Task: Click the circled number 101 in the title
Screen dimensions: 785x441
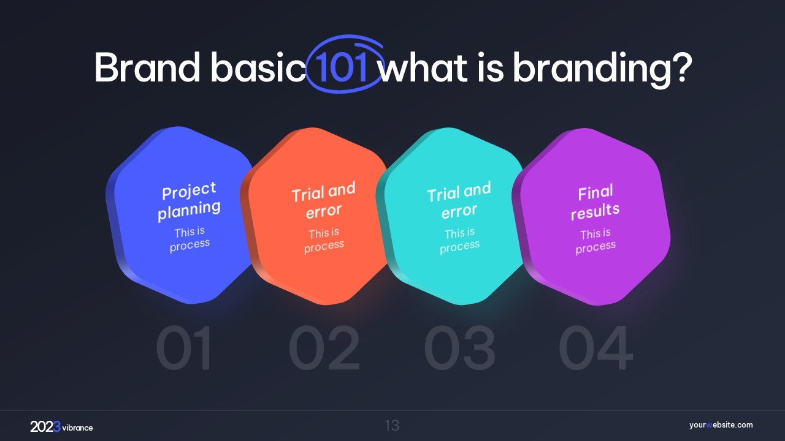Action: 341,67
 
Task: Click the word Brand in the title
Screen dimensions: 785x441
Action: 147,67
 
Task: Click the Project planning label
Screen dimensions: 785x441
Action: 189,202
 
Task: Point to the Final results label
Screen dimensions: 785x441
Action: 595,202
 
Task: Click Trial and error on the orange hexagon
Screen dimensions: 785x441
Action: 323,200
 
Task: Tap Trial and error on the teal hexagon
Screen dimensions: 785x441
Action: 459,200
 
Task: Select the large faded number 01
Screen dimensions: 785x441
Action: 184,347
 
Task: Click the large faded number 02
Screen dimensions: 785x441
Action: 324,347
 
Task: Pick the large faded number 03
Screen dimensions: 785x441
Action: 459,347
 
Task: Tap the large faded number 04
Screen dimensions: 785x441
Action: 595,347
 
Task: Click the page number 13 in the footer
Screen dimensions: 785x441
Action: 392,426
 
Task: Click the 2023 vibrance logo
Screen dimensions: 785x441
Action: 61,427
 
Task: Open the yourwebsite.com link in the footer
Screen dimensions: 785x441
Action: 721,425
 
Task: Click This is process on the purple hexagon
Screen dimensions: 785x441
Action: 595,241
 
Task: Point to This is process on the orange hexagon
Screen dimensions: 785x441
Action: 324,241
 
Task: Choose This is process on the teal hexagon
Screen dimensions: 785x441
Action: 459,241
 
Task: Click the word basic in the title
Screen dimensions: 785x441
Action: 258,67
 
